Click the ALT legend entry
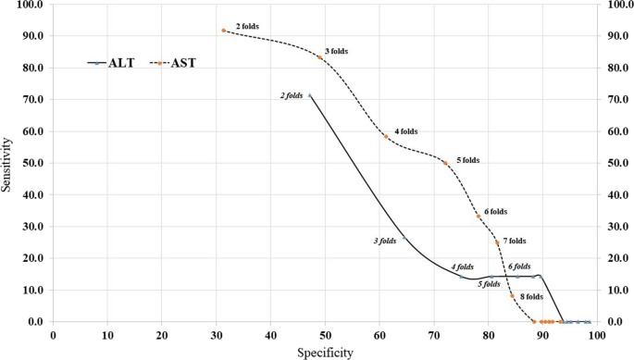111,63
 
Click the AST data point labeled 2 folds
224,31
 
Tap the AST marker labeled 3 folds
320,57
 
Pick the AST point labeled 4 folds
387,137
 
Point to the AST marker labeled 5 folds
445,163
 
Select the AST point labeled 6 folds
479,217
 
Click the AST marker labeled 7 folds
497,242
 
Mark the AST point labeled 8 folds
512,296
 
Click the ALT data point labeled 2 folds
310,96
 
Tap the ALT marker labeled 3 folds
404,239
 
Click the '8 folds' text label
531,297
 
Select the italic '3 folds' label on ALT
385,241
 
